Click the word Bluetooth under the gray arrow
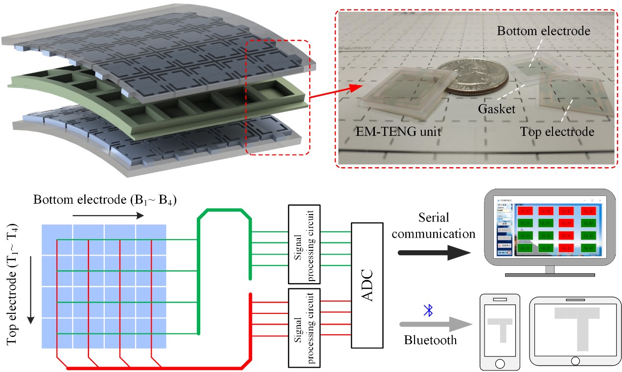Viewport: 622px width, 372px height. pyautogui.click(x=431, y=340)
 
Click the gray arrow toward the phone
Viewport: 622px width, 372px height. pyautogui.click(x=434, y=324)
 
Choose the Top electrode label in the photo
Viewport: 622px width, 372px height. pyautogui.click(x=556, y=131)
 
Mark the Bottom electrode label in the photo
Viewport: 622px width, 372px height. pyautogui.click(x=543, y=31)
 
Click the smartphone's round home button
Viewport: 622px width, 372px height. pyautogui.click(x=500, y=364)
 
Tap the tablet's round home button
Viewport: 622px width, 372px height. pyautogui.click(x=575, y=361)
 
